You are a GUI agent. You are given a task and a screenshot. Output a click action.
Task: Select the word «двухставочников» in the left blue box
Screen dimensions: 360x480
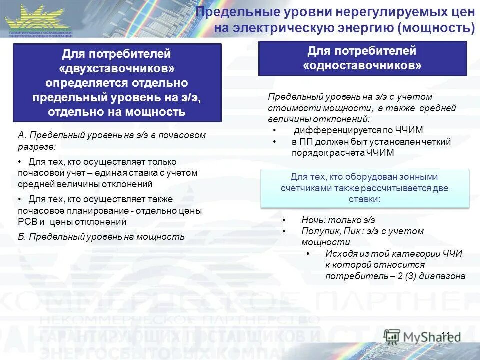[117, 67]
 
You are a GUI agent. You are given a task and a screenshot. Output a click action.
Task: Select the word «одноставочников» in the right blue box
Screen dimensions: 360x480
[362, 65]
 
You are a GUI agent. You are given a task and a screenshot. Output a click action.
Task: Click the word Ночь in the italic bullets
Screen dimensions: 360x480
[311, 220]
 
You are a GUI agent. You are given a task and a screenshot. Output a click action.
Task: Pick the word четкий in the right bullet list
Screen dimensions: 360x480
[437, 142]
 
